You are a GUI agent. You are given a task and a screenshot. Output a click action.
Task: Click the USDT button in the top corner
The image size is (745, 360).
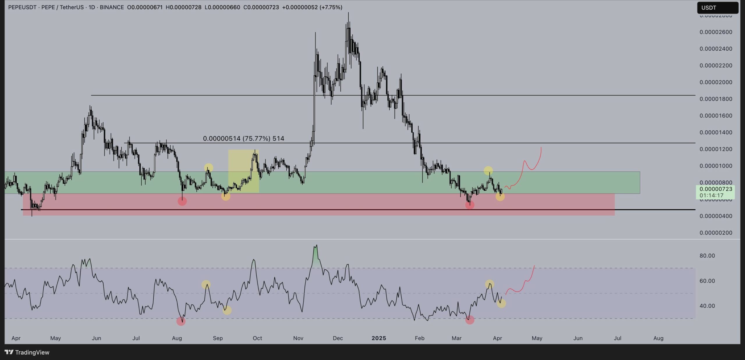pyautogui.click(x=717, y=8)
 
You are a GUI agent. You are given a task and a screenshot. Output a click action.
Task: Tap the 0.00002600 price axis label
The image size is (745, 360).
pyautogui.click(x=716, y=32)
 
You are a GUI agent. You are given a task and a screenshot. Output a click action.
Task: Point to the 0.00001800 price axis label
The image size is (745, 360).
pyautogui.click(x=716, y=99)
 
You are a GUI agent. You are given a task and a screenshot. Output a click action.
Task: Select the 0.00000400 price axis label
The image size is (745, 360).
pyautogui.click(x=716, y=216)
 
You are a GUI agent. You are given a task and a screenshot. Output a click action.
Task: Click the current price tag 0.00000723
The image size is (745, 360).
pyautogui.click(x=716, y=189)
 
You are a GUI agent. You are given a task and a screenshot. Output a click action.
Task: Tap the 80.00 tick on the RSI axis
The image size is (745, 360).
pyautogui.click(x=707, y=256)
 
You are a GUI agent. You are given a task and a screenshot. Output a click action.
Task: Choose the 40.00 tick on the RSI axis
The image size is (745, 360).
pyautogui.click(x=707, y=306)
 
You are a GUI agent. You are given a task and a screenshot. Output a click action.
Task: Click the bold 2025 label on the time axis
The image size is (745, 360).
pyautogui.click(x=379, y=338)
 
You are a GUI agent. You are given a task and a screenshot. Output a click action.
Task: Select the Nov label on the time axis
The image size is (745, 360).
pyautogui.click(x=298, y=338)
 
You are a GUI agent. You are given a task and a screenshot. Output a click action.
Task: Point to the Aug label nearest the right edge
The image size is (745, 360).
pyautogui.click(x=658, y=338)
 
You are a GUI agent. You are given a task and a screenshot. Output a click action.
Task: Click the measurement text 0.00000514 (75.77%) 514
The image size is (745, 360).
pyautogui.click(x=243, y=139)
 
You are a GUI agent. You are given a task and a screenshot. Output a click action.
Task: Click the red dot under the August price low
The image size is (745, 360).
pyautogui.click(x=182, y=201)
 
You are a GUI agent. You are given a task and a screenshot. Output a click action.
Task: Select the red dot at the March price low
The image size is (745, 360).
pyautogui.click(x=470, y=205)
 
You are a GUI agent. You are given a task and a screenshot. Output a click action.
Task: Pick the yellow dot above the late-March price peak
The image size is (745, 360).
pyautogui.click(x=488, y=171)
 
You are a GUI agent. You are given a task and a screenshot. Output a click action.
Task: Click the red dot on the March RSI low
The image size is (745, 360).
pyautogui.click(x=470, y=320)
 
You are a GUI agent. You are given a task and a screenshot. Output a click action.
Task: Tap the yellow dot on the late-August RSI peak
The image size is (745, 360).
pyautogui.click(x=206, y=284)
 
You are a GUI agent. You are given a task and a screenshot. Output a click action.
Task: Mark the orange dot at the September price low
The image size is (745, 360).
pyautogui.click(x=226, y=196)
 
